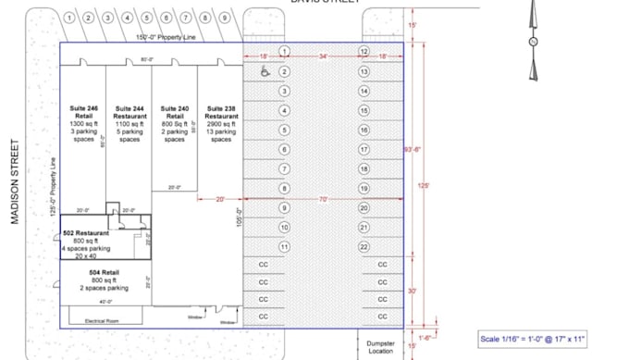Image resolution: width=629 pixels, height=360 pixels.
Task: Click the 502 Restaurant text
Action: (x=85, y=233)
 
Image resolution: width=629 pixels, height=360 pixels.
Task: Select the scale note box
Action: (x=533, y=339)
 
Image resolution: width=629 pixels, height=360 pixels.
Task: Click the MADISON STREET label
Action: (x=16, y=180)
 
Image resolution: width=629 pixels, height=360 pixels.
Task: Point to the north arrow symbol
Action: (x=533, y=42)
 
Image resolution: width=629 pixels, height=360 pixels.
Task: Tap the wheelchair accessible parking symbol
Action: (x=265, y=70)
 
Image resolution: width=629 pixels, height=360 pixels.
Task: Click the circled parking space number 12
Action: (x=364, y=51)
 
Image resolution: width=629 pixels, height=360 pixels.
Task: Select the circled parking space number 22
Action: (x=364, y=246)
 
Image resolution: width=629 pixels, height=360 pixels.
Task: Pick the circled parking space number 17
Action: (x=364, y=149)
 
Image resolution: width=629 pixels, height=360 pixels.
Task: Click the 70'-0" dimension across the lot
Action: (x=324, y=199)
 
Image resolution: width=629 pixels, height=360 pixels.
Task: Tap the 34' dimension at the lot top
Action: (x=323, y=57)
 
